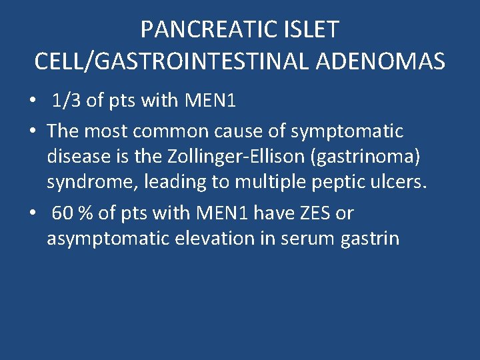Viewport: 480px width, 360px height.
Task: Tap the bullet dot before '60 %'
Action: pyautogui.click(x=32, y=214)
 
